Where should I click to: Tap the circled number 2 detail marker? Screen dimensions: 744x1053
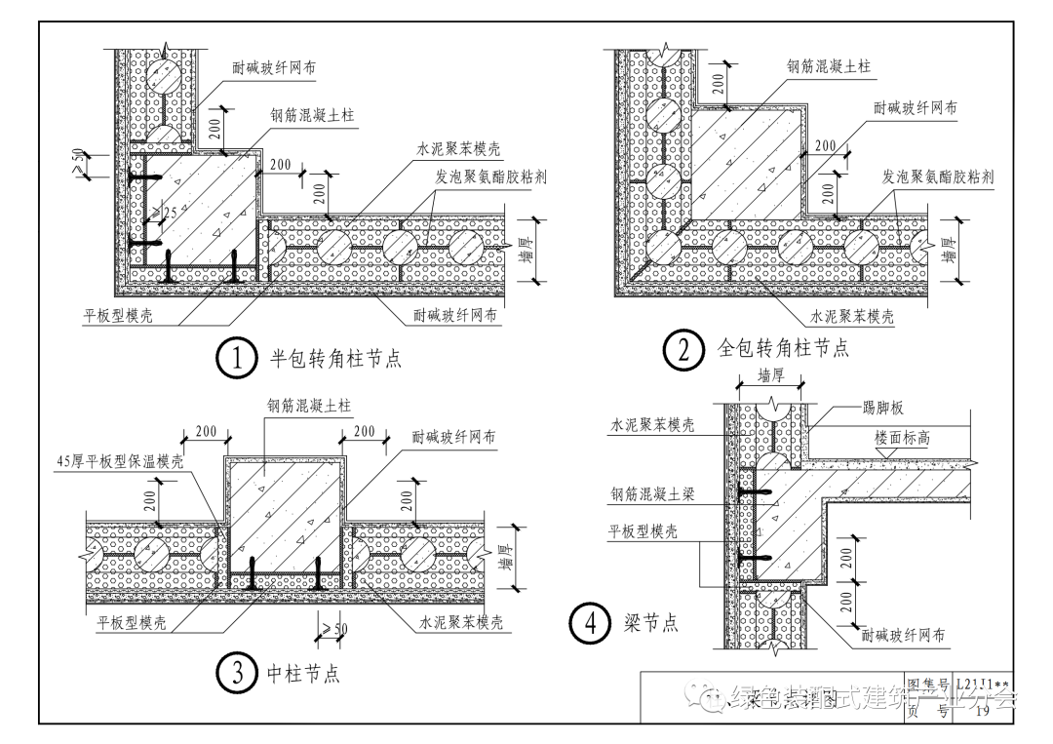click(683, 350)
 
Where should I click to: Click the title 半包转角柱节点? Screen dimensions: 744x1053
click(335, 360)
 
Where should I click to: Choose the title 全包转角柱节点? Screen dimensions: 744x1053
click(783, 348)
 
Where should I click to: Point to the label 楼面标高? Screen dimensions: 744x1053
click(902, 439)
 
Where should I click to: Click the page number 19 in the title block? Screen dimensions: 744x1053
click(982, 712)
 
